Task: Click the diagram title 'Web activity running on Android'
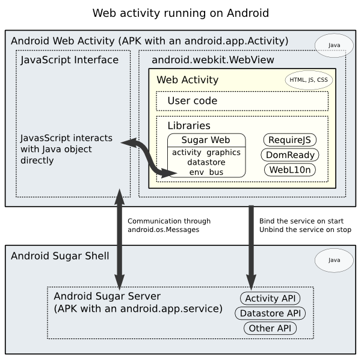pyautogui.click(x=180, y=13)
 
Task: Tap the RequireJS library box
pyautogui.click(x=289, y=140)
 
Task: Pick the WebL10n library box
pyautogui.click(x=290, y=170)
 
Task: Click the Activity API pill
pyautogui.click(x=270, y=299)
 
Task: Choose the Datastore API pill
pyautogui.click(x=270, y=314)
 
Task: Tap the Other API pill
pyautogui.click(x=270, y=329)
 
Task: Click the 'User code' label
pyautogui.click(x=192, y=101)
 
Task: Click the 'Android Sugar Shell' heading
pyautogui.click(x=60, y=256)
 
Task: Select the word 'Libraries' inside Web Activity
pyautogui.click(x=189, y=126)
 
